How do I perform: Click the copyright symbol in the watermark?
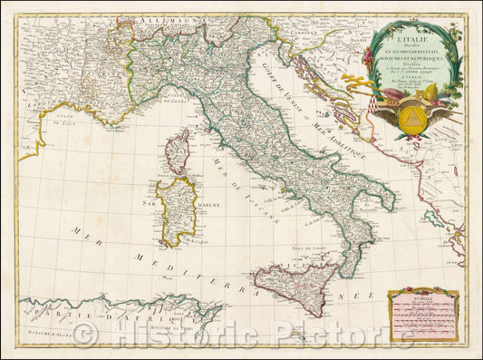[x=86, y=335]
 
